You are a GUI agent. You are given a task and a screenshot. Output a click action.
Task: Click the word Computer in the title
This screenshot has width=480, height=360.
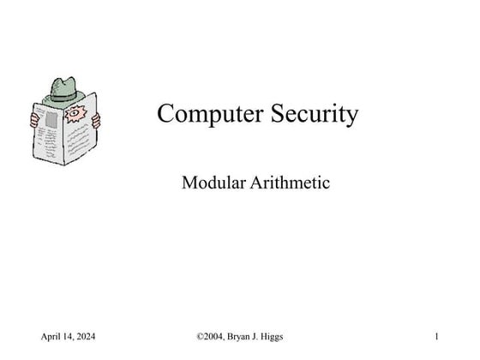(205, 114)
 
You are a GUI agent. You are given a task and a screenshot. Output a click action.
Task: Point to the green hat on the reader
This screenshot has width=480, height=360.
(64, 89)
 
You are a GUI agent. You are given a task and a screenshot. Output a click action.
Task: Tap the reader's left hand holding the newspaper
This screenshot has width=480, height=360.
(34, 117)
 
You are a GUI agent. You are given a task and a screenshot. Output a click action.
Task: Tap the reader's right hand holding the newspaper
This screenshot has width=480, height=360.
(96, 120)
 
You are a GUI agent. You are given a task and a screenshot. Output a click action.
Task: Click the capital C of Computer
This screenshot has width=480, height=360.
(165, 114)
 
